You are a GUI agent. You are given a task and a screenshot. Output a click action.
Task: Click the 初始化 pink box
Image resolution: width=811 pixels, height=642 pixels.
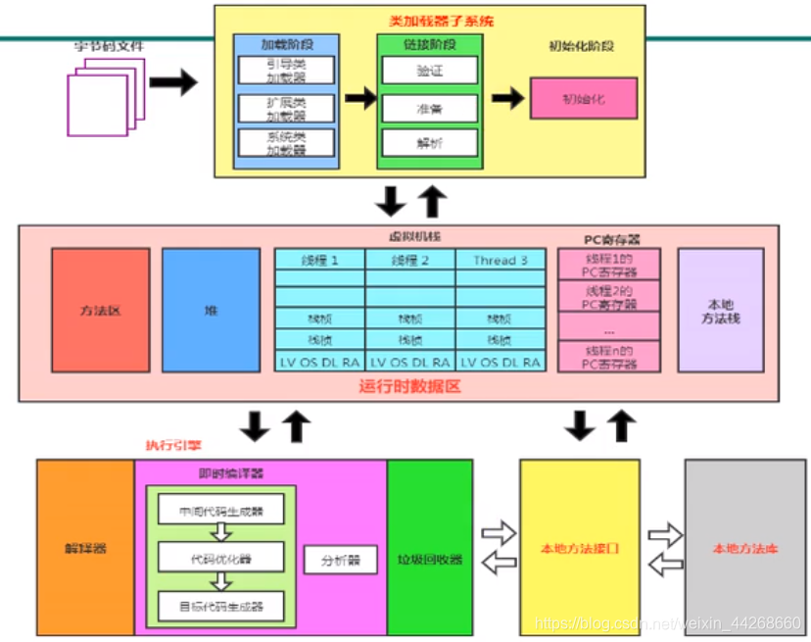583,98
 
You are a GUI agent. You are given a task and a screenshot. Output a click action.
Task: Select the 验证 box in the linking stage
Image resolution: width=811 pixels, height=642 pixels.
429,70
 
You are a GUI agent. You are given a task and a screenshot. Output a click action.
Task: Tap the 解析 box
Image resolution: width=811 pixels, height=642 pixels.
429,143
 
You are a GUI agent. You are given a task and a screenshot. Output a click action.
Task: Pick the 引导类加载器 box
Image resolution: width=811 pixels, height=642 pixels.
286,71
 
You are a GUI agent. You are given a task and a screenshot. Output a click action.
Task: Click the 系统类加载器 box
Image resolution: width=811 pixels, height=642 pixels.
286,143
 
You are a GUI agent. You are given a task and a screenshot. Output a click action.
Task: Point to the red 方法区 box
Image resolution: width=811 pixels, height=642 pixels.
100,310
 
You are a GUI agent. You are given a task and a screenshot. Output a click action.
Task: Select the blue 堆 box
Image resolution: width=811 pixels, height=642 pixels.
211,310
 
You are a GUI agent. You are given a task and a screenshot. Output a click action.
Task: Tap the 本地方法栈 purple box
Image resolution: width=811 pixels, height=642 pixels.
720,310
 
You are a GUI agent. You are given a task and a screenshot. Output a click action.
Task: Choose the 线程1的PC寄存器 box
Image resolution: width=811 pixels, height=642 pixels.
608,265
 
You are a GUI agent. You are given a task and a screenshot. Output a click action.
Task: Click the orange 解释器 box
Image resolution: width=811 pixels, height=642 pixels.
85,548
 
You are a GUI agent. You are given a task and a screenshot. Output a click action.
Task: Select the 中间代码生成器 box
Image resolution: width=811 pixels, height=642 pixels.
220,512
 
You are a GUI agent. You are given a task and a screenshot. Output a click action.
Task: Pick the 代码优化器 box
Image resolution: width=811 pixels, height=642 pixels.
220,559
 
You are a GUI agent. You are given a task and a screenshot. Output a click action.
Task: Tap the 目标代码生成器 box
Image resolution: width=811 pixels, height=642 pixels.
220,607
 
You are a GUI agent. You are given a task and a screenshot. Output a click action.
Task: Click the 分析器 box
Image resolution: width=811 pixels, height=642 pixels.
340,561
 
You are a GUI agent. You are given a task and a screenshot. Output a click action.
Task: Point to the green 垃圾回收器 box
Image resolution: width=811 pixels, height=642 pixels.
430,560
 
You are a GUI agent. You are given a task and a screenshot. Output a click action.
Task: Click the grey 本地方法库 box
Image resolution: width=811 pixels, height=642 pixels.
745,548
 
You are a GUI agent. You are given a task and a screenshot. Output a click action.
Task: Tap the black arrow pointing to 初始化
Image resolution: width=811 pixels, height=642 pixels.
506,98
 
